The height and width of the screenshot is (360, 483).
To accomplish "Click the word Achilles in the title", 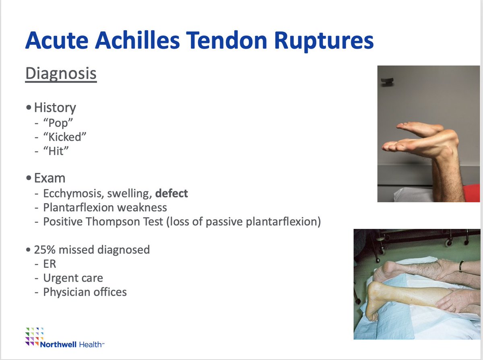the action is (x=137, y=41).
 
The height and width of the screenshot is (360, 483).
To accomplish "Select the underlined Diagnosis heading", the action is (x=61, y=74).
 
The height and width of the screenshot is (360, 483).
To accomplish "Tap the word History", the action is (x=55, y=108).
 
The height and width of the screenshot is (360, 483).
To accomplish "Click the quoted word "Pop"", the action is (x=58, y=123).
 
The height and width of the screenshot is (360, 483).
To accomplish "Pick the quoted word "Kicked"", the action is (x=65, y=137).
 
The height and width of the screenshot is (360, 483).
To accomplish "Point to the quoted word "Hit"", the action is (x=56, y=151).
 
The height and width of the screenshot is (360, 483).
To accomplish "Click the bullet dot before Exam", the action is (x=29, y=178).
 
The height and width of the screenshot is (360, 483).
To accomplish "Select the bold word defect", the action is (x=171, y=193).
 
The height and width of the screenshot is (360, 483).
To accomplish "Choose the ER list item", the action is (x=50, y=264).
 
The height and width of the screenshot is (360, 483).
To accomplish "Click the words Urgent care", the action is (x=73, y=278).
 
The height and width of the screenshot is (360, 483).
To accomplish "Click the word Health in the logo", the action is (x=91, y=344).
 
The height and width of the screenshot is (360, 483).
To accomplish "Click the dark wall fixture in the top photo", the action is (x=387, y=81).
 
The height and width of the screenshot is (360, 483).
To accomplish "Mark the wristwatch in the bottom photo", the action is (x=461, y=266).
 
